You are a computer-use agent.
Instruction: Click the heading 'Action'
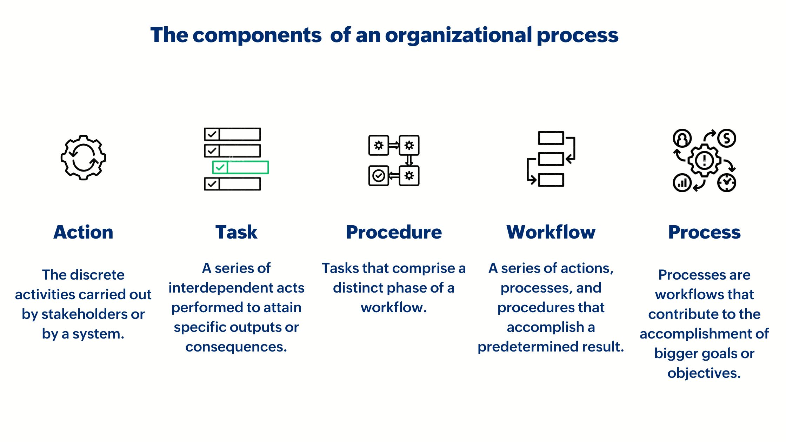point(83,232)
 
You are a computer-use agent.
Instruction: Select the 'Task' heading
point(236,232)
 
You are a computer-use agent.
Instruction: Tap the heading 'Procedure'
point(394,232)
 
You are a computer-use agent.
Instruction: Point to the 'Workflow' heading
point(551,232)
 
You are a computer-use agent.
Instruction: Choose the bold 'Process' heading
point(704,232)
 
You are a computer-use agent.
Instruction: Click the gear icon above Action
point(83,158)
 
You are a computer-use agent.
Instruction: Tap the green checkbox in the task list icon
point(220,167)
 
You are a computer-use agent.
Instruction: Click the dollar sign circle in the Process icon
point(727,138)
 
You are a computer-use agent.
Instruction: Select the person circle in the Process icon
point(682,138)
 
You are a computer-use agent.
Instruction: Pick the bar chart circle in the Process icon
point(682,183)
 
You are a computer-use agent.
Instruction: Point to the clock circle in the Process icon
point(727,183)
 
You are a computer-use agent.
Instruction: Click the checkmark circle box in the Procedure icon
point(379,175)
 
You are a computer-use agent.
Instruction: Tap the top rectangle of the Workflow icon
point(551,138)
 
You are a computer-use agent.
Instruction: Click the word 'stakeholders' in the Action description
point(84,314)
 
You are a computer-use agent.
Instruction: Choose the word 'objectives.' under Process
point(704,373)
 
